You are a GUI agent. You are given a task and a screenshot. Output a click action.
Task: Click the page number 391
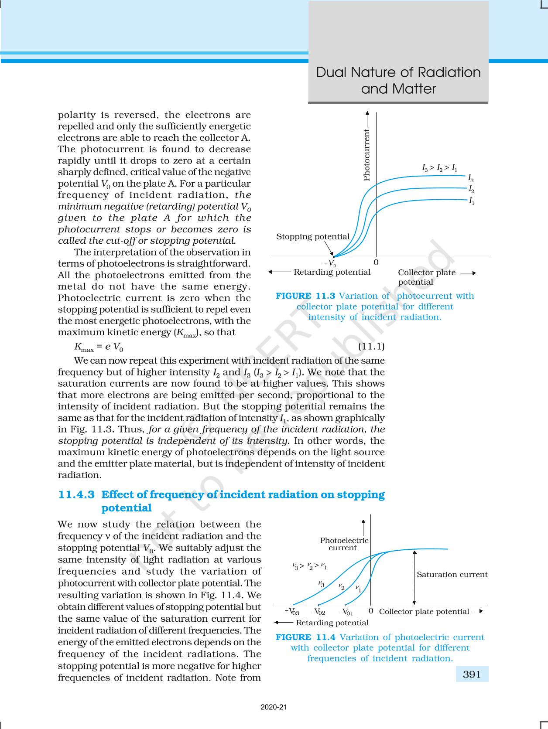(x=472, y=674)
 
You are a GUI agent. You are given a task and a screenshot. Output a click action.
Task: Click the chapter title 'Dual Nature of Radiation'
(x=398, y=72)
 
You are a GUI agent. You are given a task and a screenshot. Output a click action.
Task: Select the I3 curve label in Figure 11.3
(x=471, y=178)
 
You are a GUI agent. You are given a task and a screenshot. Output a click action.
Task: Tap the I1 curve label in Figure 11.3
(x=472, y=201)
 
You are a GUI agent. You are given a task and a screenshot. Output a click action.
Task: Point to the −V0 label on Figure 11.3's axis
(x=330, y=263)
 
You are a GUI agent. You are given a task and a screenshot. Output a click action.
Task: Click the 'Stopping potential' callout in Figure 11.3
(x=313, y=237)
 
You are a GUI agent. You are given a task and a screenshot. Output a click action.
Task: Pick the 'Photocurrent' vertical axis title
(x=366, y=154)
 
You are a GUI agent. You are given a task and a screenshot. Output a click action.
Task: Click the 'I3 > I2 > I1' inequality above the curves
(x=439, y=167)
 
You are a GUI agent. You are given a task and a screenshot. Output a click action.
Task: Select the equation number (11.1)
(x=371, y=347)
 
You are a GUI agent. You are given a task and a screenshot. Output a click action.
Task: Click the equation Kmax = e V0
(x=99, y=347)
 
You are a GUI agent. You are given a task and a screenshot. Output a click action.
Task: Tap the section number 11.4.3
(x=76, y=495)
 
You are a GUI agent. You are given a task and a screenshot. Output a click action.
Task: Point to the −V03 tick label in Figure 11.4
(x=292, y=612)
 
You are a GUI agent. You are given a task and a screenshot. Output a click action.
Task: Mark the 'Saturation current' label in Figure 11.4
(x=452, y=575)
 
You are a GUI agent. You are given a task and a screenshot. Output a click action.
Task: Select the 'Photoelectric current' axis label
(x=344, y=544)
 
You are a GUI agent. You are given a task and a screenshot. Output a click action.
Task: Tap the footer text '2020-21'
(x=274, y=707)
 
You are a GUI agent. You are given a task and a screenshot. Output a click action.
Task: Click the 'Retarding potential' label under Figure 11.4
(x=332, y=623)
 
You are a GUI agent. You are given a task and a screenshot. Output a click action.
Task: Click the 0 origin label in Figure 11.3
(x=376, y=262)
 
